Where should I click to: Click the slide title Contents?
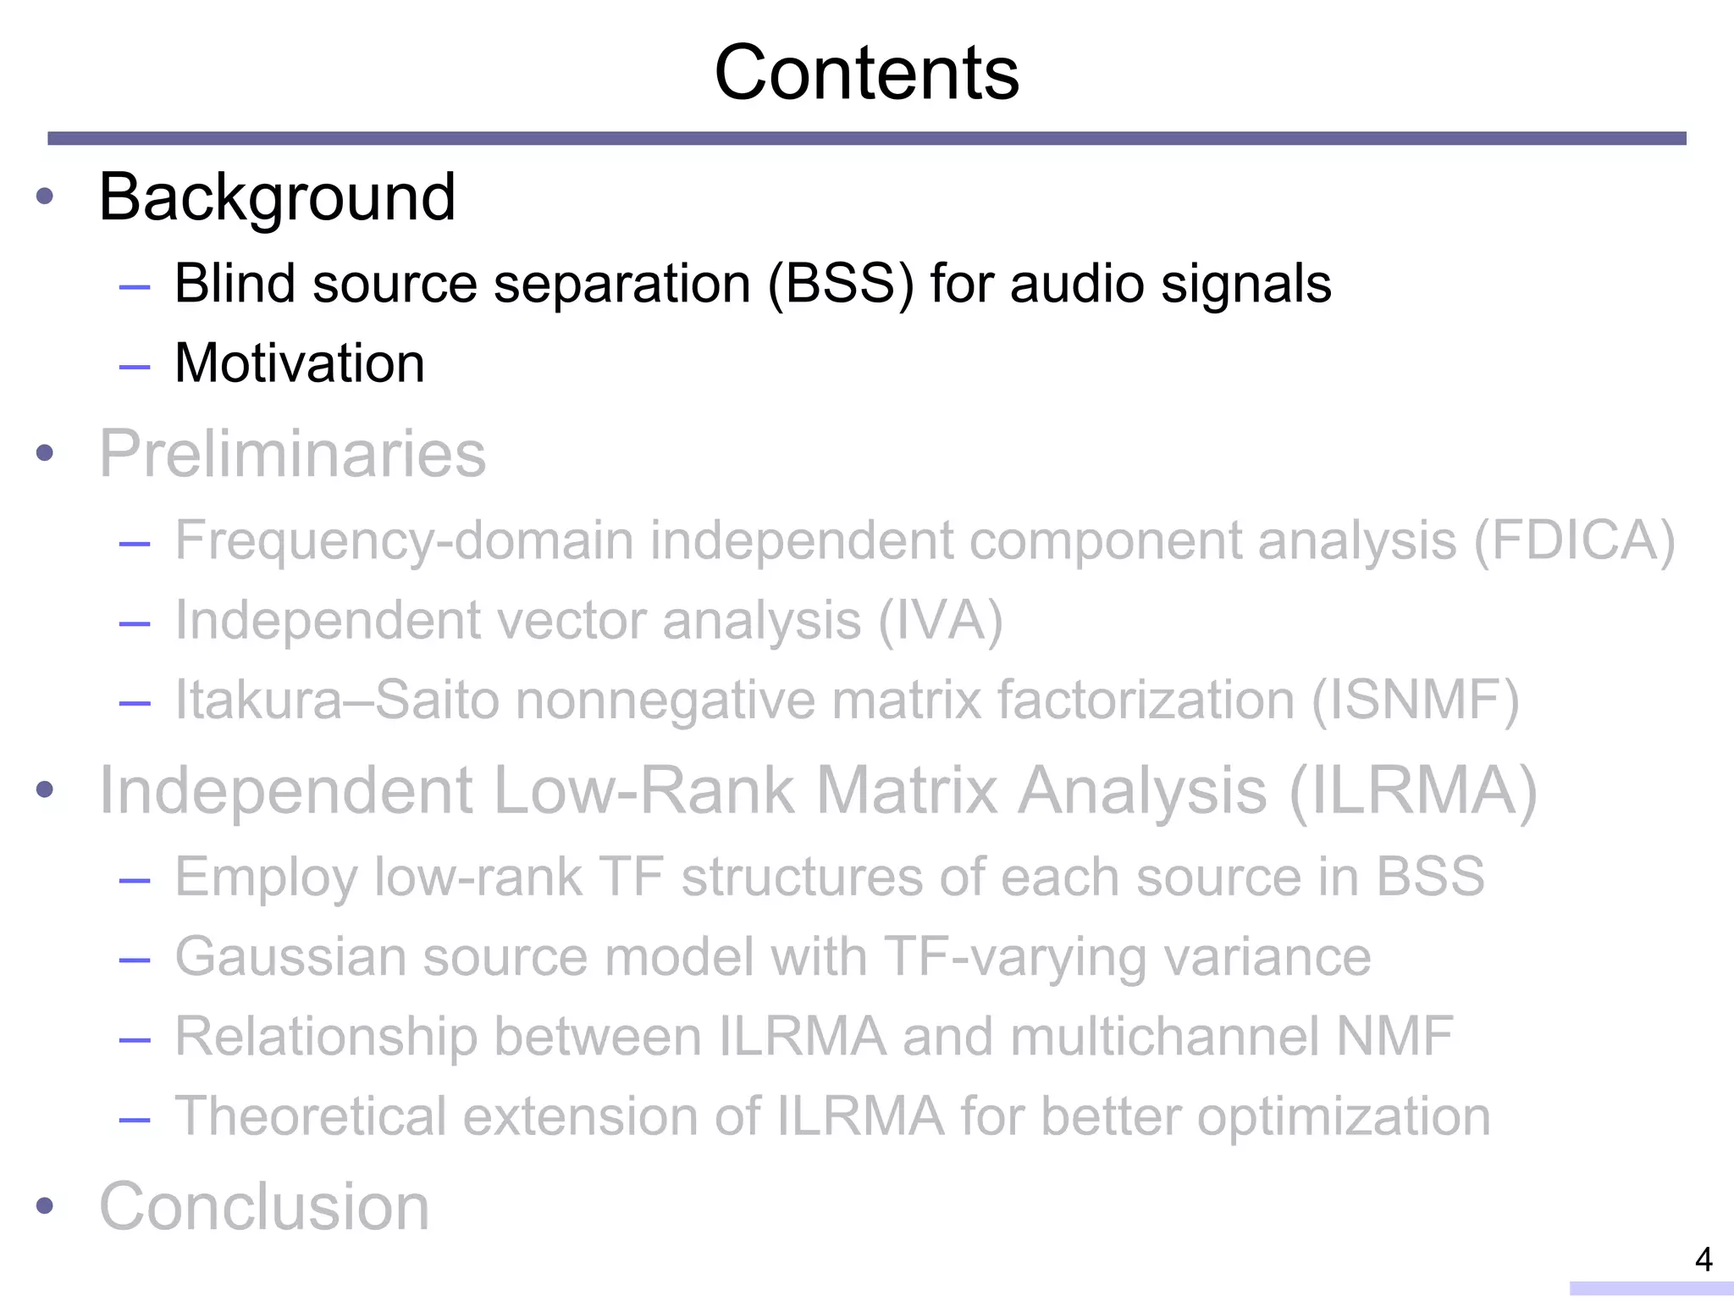(866, 74)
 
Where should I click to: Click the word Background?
(277, 197)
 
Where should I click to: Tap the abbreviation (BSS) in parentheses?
(841, 284)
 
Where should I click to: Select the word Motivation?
(299, 363)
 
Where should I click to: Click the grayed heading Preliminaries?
(292, 454)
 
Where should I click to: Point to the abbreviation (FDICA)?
(1574, 540)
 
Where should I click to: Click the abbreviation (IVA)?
(940, 621)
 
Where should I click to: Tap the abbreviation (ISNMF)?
(1415, 700)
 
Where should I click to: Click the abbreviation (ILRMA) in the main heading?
(1412, 791)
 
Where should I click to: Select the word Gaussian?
(290, 957)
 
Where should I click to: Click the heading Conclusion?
(264, 1206)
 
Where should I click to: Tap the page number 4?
(1704, 1259)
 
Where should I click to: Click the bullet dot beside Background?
(45, 197)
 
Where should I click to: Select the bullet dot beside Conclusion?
(45, 1206)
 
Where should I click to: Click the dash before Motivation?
(135, 367)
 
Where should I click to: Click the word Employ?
(266, 877)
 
